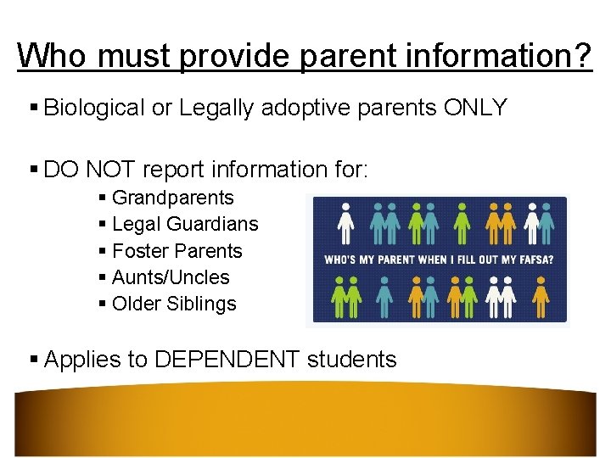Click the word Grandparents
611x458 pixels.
pyautogui.click(x=172, y=198)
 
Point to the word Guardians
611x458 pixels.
pyautogui.click(x=212, y=224)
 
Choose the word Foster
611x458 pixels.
pyautogui.click(x=140, y=251)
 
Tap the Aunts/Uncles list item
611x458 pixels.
pyautogui.click(x=171, y=277)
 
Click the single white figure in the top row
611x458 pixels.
pyautogui.click(x=345, y=224)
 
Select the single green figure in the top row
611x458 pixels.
pyautogui.click(x=462, y=224)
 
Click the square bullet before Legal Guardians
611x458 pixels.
pyautogui.click(x=103, y=225)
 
